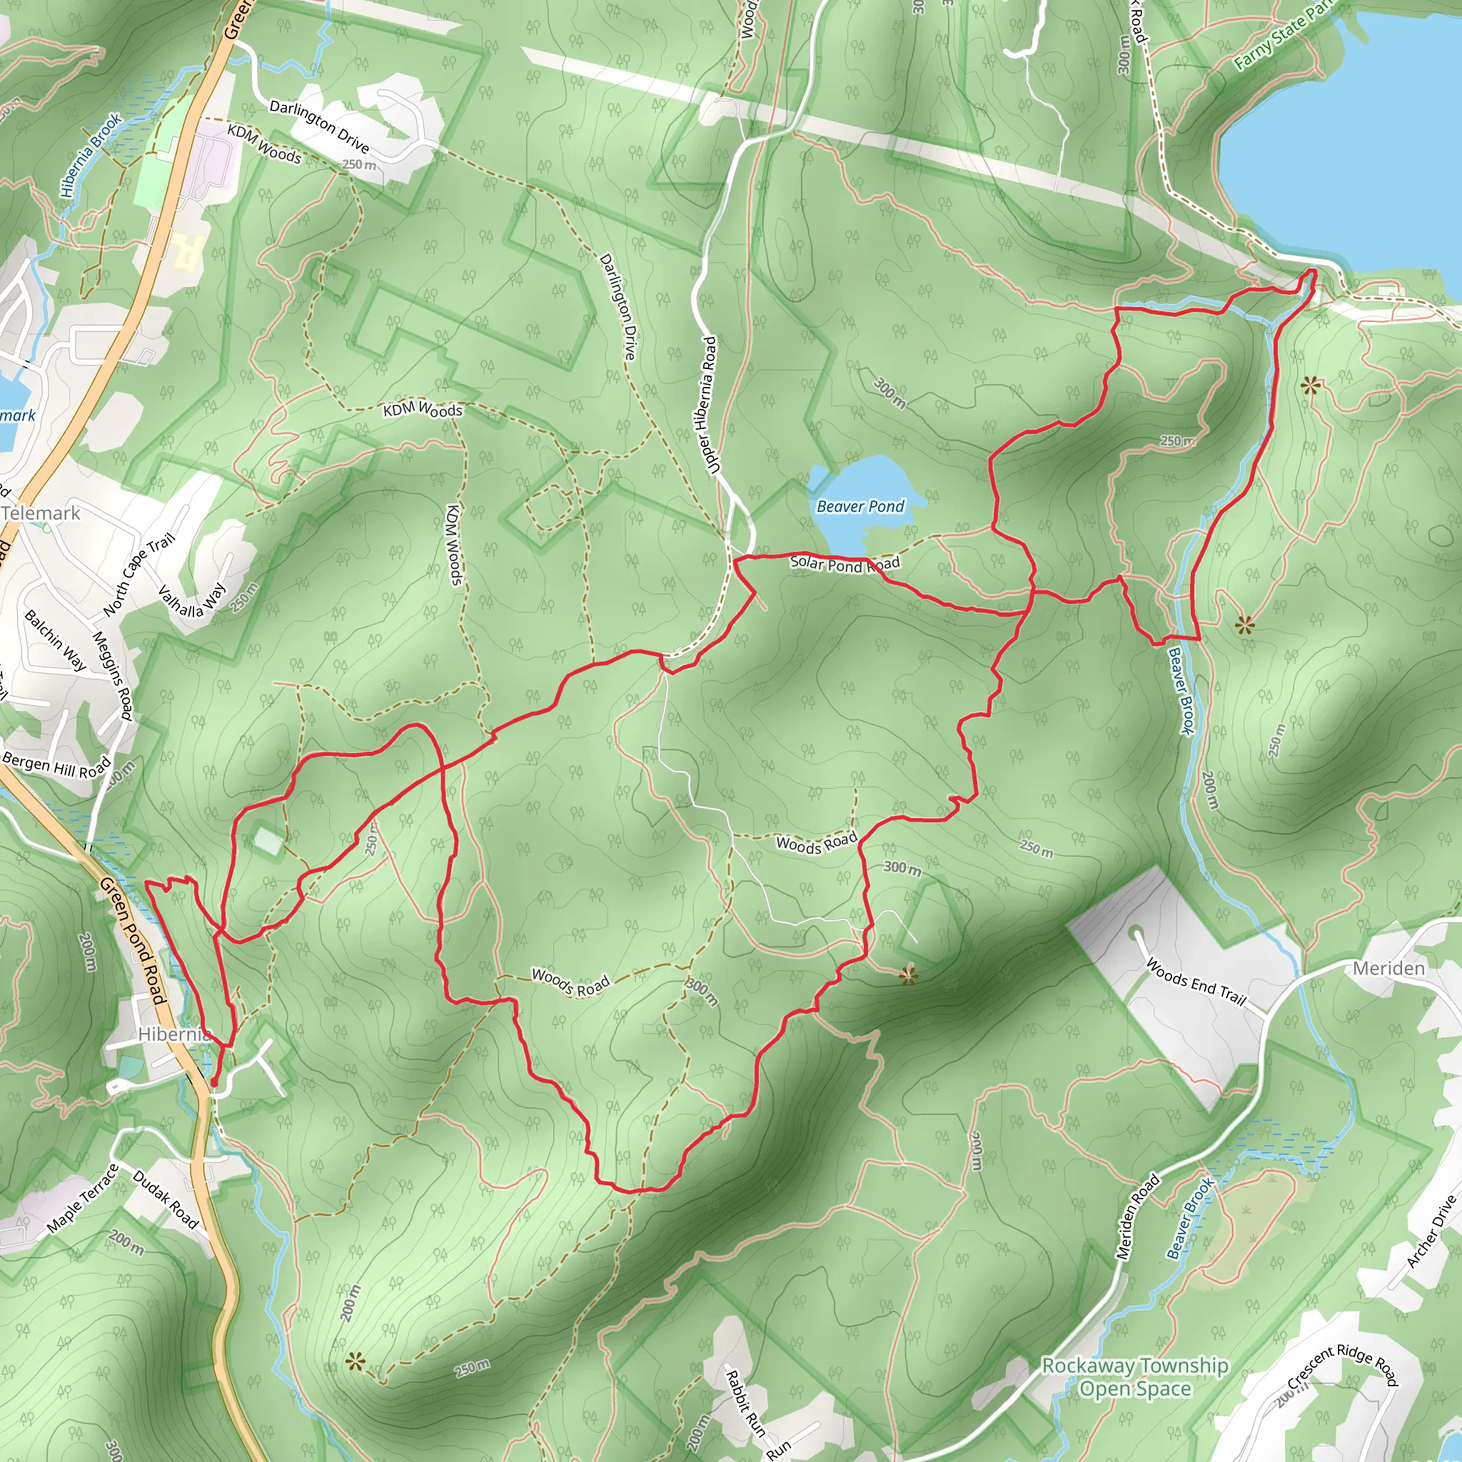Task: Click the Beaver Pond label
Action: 860,506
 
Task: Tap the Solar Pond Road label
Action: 845,565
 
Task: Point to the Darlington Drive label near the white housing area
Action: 319,126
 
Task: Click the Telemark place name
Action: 41,514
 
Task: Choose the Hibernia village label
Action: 174,1034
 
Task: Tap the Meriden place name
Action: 1388,969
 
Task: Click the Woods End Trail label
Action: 1196,982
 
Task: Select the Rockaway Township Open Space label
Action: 1135,1376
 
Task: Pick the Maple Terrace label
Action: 84,1199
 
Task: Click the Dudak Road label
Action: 166,1200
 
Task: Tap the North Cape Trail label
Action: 139,574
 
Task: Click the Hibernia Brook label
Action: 91,155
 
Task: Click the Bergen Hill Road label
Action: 57,765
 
